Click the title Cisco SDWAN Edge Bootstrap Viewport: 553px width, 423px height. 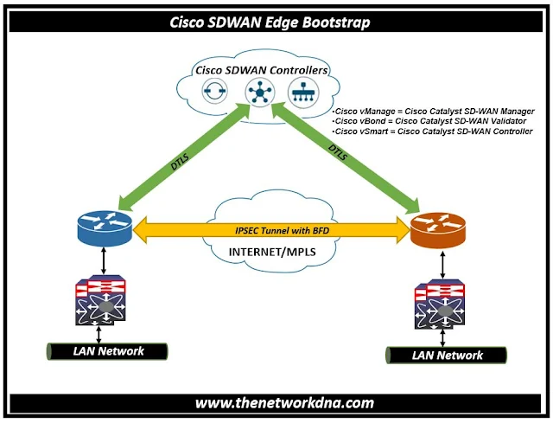pyautogui.click(x=276, y=22)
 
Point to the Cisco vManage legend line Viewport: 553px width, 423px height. pyautogui.click(x=432, y=112)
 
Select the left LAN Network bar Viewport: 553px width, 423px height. pyautogui.click(x=106, y=351)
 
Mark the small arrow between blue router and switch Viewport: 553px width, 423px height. pyautogui.click(x=103, y=258)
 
